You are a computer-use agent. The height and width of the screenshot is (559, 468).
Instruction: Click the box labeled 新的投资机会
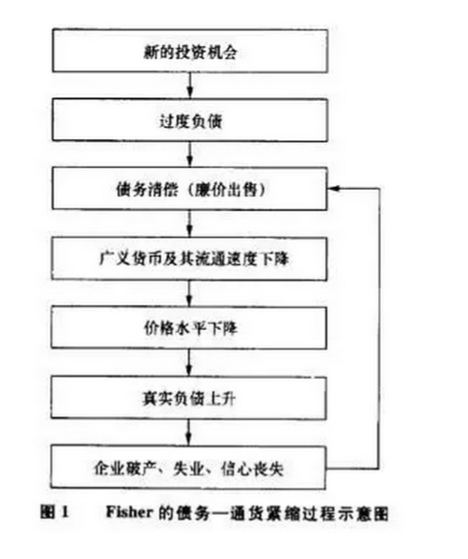point(190,51)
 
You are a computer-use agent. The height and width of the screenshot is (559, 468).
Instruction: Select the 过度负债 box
point(190,120)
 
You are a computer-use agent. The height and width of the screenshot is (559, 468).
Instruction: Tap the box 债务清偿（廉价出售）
point(189,189)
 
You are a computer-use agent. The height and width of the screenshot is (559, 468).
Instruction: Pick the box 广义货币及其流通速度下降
point(189,259)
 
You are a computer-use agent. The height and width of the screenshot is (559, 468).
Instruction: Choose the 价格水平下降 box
point(189,327)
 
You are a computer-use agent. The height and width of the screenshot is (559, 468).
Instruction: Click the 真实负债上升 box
point(188,398)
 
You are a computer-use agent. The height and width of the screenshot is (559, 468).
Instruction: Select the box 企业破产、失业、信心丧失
point(188,467)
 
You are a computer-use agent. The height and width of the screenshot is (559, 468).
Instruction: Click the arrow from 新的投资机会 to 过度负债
point(190,86)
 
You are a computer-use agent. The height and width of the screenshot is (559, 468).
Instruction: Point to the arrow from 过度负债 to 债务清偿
point(190,155)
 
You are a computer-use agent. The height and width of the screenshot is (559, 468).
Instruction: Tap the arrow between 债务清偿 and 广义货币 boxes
point(189,223)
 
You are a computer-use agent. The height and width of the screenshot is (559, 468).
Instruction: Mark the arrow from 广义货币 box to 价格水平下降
point(189,293)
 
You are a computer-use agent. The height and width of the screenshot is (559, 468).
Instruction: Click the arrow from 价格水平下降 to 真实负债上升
point(189,362)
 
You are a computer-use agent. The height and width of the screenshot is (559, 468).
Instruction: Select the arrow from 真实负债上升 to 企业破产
point(189,432)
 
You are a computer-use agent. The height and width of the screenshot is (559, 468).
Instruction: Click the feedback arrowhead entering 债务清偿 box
point(332,188)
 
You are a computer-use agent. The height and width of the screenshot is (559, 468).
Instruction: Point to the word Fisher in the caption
point(129,512)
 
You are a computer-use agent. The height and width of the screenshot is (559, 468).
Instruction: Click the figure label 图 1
point(54,512)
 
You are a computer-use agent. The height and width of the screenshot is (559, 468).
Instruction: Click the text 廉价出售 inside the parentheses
point(226,189)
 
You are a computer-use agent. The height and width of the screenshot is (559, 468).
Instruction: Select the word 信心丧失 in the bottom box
point(252,468)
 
